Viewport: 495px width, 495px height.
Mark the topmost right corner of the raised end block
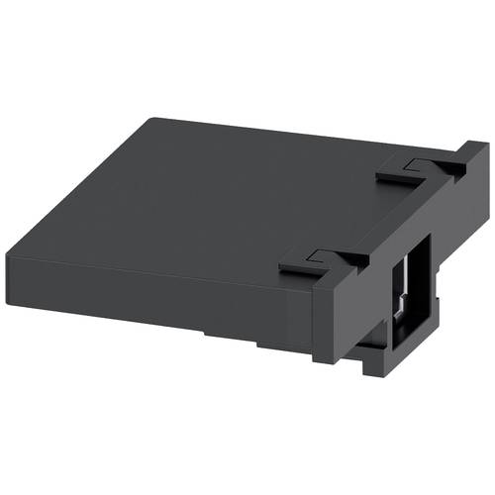(485, 145)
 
